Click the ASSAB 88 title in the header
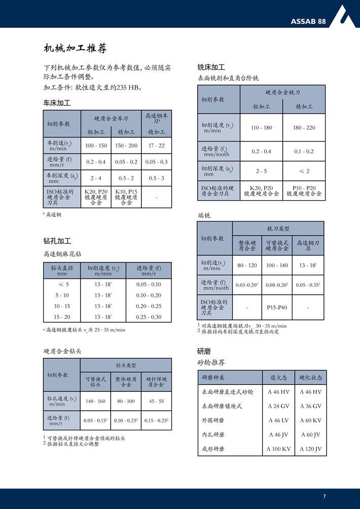tap(308, 21)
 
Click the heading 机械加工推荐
tap(75, 49)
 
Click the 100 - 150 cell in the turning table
tap(96, 146)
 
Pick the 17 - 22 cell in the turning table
tap(156, 146)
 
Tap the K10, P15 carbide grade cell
tap(126, 197)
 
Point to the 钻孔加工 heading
tap(57, 241)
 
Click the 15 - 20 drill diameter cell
tap(62, 317)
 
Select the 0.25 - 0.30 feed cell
tap(149, 317)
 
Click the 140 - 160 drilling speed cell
tap(95, 401)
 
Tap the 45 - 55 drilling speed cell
tap(156, 401)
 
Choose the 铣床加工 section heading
tap(211, 67)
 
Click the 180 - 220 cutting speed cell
tap(304, 128)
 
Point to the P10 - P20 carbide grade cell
tap(304, 190)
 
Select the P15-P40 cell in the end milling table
tap(277, 307)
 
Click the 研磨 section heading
tap(204, 351)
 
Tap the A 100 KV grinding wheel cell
tap(279, 449)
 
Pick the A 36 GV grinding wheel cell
tap(310, 406)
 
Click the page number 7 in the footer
tap(325, 496)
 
